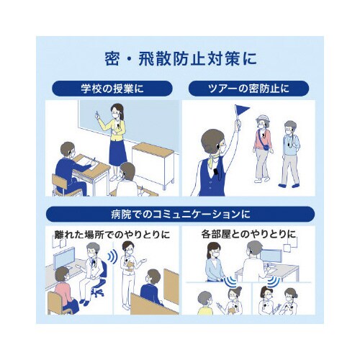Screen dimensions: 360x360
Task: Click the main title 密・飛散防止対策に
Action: point(180,57)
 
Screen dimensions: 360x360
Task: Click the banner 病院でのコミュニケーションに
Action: point(180,214)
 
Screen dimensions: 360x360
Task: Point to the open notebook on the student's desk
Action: point(84,161)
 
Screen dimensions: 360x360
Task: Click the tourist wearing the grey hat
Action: point(262,144)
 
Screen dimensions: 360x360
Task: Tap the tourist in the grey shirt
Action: point(290,151)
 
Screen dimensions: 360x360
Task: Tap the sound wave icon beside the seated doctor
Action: point(113,256)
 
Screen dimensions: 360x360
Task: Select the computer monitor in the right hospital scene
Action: point(271,255)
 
